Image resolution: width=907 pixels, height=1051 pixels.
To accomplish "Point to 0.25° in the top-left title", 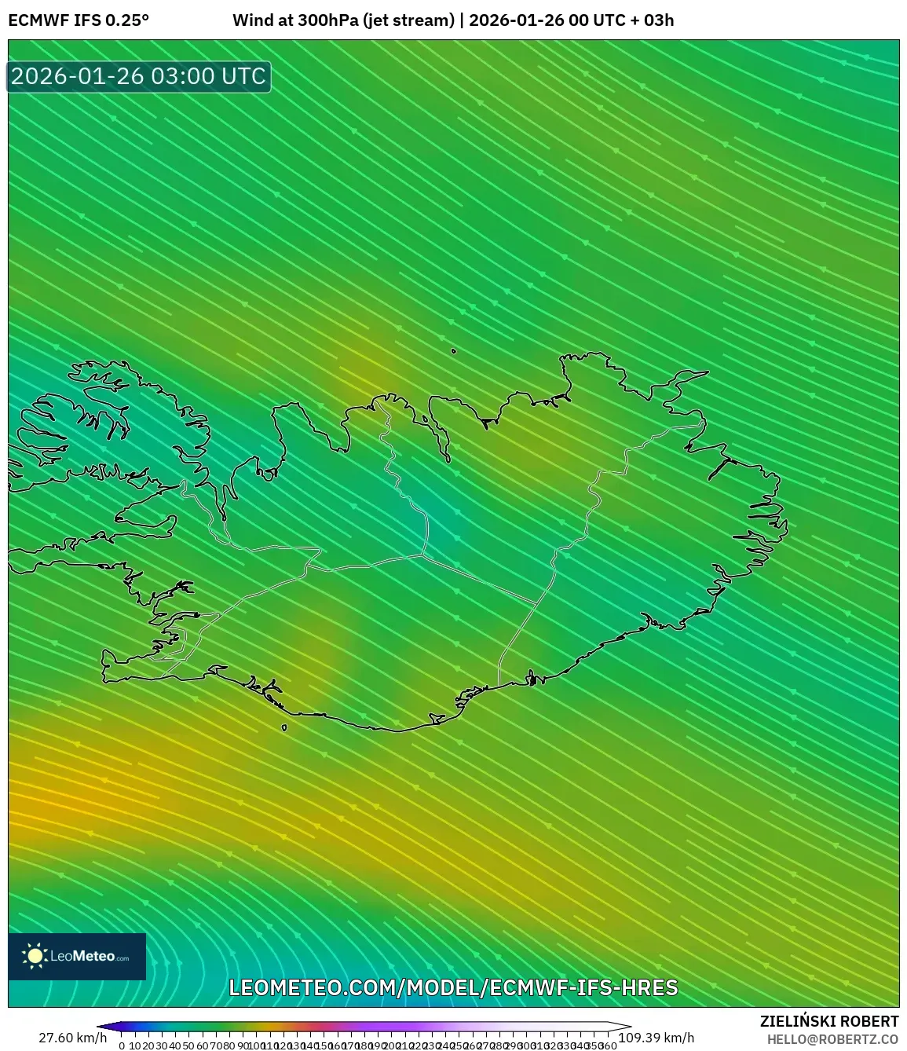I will click(x=127, y=20).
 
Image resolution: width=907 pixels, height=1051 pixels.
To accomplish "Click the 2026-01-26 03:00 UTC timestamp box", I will click(x=139, y=76).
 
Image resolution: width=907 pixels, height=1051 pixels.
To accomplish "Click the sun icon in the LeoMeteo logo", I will click(x=35, y=956).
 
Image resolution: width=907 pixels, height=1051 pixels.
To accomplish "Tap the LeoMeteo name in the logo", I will click(x=82, y=957).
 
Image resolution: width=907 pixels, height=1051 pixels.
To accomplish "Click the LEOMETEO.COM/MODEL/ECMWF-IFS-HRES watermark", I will click(x=453, y=987).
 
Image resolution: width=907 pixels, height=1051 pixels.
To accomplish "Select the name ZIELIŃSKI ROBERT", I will click(x=829, y=1021).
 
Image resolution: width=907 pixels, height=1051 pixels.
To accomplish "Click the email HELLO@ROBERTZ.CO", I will click(x=833, y=1039).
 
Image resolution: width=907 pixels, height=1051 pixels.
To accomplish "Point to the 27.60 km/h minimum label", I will click(x=72, y=1038).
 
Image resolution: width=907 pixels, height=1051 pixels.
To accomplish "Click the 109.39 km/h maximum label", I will click(x=656, y=1038).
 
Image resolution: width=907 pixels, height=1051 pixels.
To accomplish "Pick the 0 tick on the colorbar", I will click(x=122, y=1046).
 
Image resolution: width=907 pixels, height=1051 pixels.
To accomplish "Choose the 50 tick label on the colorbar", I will click(x=188, y=1046).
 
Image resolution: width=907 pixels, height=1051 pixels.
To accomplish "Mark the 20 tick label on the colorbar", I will click(x=148, y=1046).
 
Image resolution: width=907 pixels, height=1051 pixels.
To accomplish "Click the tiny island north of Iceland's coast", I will click(x=454, y=351).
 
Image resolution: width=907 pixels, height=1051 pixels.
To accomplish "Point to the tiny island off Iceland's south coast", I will click(x=284, y=727).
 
